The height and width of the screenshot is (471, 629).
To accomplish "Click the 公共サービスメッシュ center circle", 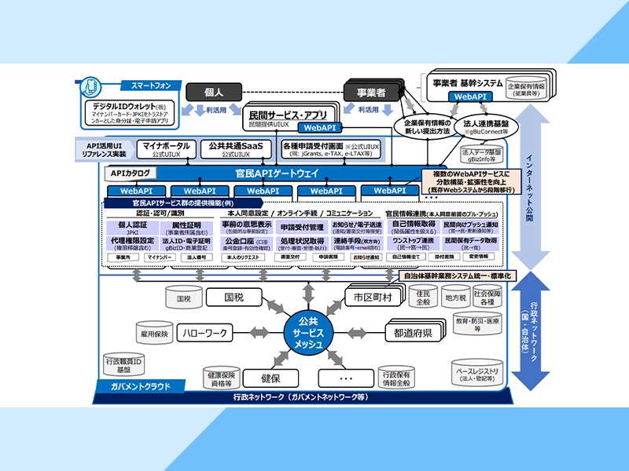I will click(306, 333).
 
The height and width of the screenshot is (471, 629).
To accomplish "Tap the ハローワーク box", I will click(207, 333).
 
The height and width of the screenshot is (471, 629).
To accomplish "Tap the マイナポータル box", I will click(166, 148).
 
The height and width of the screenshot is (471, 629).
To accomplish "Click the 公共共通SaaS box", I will click(235, 148).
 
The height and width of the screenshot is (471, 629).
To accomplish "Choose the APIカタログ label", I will click(131, 173).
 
